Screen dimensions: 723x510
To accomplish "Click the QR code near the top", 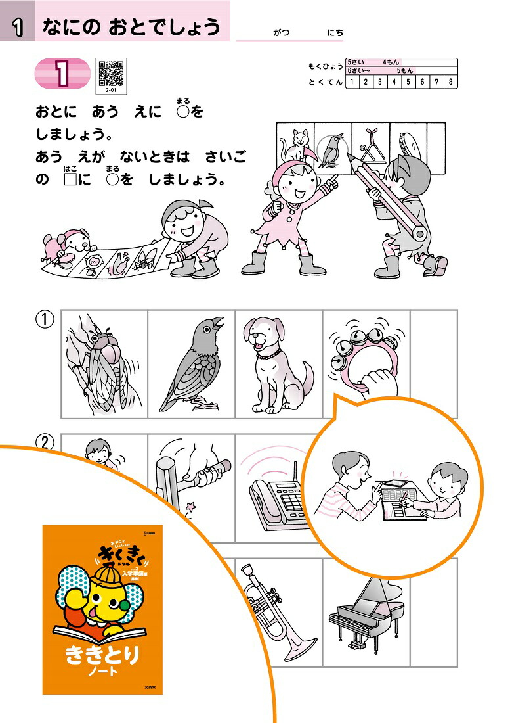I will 111,72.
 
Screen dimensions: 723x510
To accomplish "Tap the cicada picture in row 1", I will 104,364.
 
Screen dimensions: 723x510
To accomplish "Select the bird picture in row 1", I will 192,364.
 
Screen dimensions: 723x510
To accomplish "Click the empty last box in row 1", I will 433,364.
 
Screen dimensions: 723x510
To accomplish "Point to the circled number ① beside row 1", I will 44,319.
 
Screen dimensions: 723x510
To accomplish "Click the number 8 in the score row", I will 450,82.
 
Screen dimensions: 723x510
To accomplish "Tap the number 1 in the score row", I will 352,82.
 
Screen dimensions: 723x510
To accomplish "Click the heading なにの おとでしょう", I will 131,27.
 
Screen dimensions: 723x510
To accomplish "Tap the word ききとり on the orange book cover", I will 102,655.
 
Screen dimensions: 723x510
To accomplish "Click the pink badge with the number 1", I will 62,73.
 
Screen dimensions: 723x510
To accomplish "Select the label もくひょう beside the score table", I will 325,67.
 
